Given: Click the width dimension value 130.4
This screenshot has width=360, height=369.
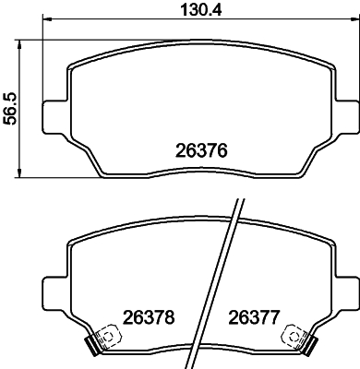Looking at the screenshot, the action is pyautogui.click(x=201, y=9).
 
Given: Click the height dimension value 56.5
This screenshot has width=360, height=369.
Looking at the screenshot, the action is pyautogui.click(x=9, y=109).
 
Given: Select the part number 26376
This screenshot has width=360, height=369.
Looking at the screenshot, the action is pyautogui.click(x=201, y=150).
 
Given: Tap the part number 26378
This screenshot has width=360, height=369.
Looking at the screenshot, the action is pyautogui.click(x=149, y=317).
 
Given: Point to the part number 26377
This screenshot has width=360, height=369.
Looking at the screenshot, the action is pyautogui.click(x=254, y=317).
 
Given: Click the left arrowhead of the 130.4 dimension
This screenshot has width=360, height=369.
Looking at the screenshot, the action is pyautogui.click(x=46, y=19).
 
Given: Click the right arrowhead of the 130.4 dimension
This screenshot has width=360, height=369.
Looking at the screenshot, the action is pyautogui.click(x=355, y=19).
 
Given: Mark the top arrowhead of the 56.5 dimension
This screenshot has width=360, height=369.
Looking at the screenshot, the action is pyautogui.click(x=19, y=44).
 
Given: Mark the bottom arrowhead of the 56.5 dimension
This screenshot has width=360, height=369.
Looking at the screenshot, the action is pyautogui.click(x=19, y=173).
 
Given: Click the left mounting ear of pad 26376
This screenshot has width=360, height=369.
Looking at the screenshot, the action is pyautogui.click(x=54, y=116).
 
